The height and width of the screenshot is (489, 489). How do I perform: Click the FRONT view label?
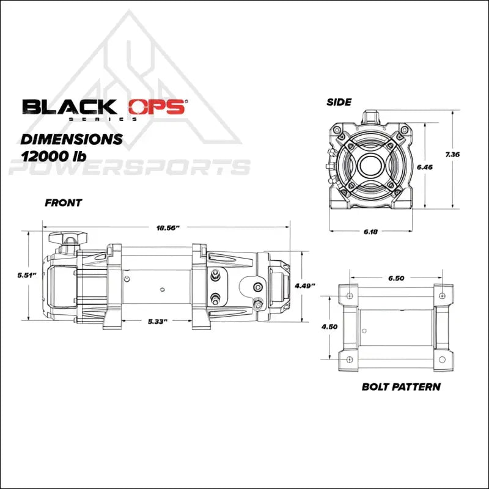point(63,203)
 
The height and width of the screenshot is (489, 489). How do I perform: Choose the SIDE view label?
point(339,102)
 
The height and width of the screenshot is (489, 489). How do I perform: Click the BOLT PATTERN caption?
point(400,386)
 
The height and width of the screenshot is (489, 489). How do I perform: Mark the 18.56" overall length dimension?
point(167,228)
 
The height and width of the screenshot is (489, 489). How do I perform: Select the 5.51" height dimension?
point(27,276)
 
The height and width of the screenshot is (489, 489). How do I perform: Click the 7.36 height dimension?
point(453,155)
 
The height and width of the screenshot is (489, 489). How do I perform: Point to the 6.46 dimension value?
point(424,166)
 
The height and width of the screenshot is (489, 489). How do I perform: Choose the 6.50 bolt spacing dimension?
point(396,278)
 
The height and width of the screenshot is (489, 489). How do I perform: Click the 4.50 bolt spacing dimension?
point(330,326)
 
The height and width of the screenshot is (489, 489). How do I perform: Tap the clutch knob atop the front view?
point(68,238)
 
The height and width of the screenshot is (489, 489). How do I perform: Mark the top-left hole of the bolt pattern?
point(349,296)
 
